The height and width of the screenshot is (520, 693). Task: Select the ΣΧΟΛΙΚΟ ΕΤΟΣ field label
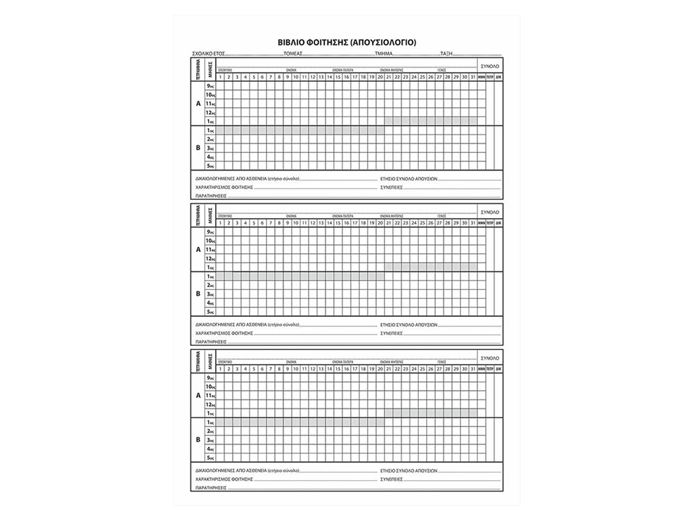click(x=208, y=53)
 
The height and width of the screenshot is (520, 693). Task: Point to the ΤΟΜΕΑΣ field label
click(x=292, y=53)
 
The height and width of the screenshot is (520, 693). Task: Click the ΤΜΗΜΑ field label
click(x=384, y=53)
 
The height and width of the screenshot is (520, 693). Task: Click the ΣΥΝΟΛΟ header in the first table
click(x=490, y=66)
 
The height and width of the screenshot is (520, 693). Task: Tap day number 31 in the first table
click(x=472, y=77)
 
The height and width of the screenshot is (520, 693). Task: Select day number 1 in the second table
click(x=221, y=223)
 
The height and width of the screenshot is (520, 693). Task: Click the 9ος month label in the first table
click(x=210, y=87)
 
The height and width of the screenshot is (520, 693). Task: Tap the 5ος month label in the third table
click(x=210, y=457)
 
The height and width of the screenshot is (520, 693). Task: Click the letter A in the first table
click(x=198, y=104)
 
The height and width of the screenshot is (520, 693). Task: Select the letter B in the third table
click(x=198, y=439)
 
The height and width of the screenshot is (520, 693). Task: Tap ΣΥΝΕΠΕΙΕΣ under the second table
click(x=391, y=333)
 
